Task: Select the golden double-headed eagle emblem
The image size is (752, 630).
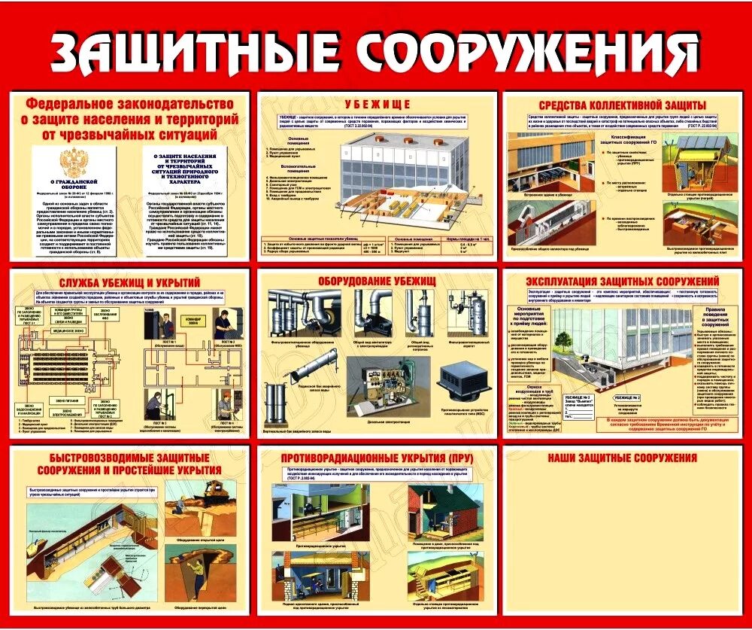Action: point(73,162)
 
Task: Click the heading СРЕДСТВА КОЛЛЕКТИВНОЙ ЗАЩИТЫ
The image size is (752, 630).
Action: point(622,104)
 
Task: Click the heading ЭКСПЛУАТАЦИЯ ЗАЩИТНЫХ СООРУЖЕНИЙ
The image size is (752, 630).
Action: point(623,281)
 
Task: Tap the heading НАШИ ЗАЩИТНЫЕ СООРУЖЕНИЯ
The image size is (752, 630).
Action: point(622,458)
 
